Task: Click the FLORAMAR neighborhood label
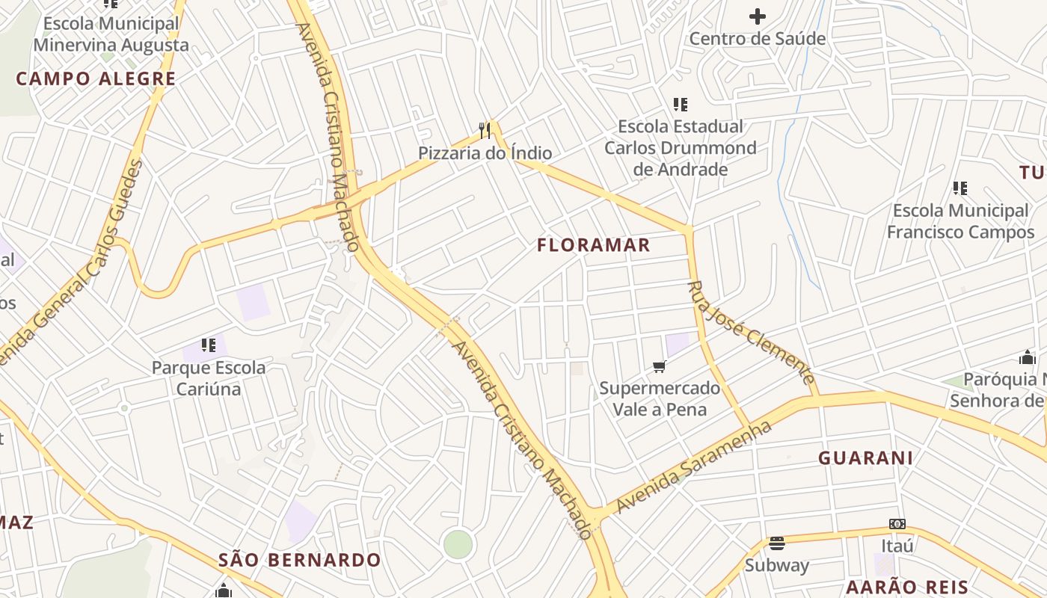[594, 245]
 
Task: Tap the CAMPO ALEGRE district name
[96, 78]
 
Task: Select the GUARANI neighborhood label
[865, 458]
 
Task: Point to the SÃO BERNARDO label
[300, 560]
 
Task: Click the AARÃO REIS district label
[906, 587]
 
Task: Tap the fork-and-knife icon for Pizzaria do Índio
[485, 131]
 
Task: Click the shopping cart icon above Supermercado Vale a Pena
[659, 366]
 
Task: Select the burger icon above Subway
[776, 543]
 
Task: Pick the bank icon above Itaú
[897, 524]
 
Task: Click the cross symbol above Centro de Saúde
[758, 16]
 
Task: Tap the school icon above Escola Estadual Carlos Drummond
[680, 105]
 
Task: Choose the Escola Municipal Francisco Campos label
[960, 221]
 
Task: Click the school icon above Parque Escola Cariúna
[209, 345]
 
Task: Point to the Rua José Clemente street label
[750, 333]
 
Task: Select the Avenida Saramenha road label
[695, 469]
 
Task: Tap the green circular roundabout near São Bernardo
[458, 544]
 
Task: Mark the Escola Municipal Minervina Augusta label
[111, 34]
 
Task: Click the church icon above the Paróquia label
[1027, 358]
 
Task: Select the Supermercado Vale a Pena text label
[660, 399]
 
